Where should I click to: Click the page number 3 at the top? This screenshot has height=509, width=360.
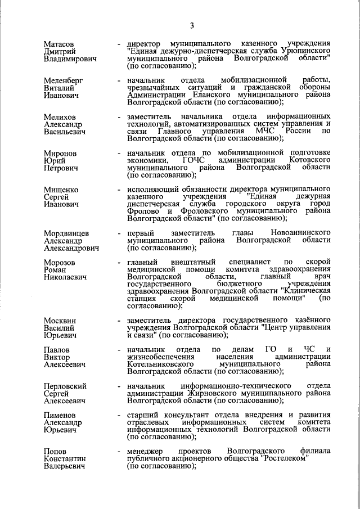(x=192, y=25)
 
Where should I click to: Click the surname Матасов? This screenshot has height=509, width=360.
(x=60, y=43)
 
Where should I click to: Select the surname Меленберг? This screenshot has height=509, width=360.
(x=64, y=80)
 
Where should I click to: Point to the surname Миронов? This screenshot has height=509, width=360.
(x=61, y=154)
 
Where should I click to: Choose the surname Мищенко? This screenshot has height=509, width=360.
(x=61, y=191)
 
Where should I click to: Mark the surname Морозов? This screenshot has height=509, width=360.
(x=60, y=263)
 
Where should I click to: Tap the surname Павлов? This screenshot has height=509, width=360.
(x=58, y=350)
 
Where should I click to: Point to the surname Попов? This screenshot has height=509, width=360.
(x=56, y=452)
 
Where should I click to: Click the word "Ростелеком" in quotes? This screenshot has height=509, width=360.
(x=285, y=459)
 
